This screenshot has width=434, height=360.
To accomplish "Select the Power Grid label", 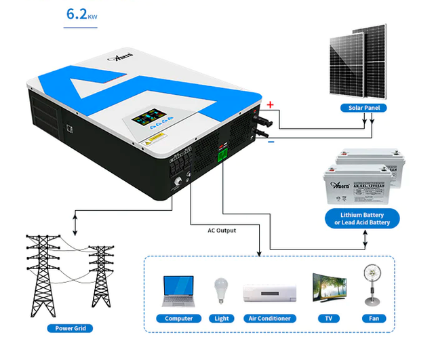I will coord(69,328).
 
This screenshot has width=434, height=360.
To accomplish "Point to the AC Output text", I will coord(222,231).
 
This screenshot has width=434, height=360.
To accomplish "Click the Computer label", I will coord(179,318).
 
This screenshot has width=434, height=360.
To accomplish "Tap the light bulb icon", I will coord(220,291).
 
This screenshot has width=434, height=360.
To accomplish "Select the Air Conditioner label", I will coord(269,318).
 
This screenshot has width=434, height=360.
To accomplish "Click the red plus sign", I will coord(269,105).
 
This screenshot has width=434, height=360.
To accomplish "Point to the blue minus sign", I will coord(271,142).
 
